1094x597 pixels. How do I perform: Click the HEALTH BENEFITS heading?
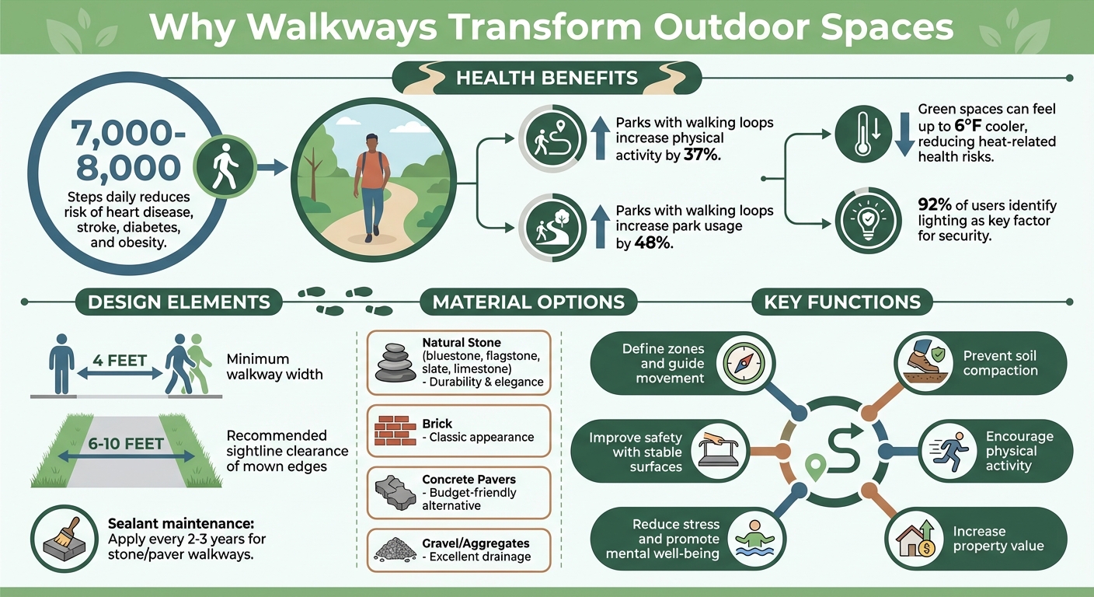tap(546, 78)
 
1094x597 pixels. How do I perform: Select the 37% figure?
tap(702, 155)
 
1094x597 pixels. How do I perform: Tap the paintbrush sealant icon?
tap(65, 536)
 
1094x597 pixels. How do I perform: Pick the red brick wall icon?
tap(395, 430)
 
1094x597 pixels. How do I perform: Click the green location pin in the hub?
tap(814, 467)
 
